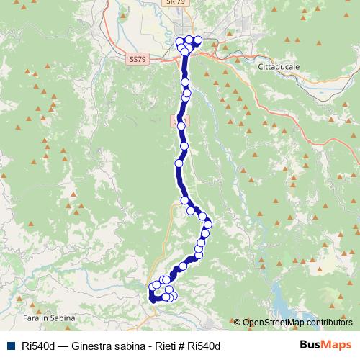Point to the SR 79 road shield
tap(171, 2)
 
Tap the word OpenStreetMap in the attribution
tap(273, 323)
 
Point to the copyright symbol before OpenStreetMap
tap(237, 323)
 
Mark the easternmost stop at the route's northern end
tap(197, 40)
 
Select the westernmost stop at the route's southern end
tap(152, 288)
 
